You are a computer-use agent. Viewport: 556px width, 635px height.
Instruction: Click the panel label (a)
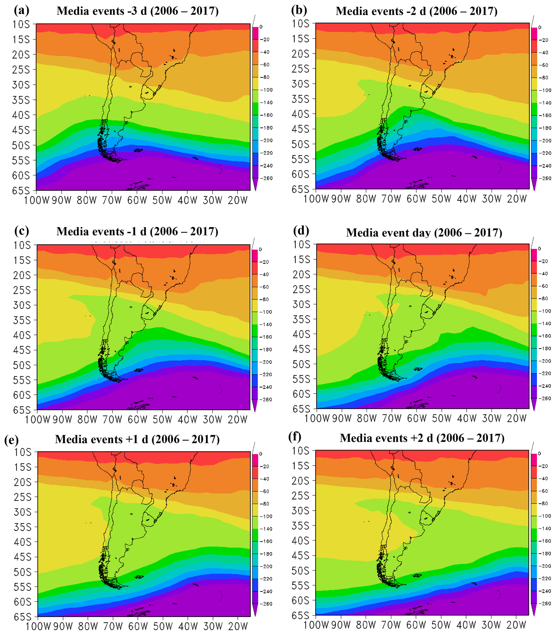coord(22,10)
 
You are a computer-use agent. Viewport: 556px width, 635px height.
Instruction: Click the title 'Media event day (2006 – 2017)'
coord(424,233)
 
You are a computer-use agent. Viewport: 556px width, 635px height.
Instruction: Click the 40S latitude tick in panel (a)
coord(21,115)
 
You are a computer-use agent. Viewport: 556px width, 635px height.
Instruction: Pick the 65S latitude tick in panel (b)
coord(300,189)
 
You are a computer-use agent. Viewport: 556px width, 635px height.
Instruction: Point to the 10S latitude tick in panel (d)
coord(301,245)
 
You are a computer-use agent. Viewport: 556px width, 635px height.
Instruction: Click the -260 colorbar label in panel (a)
coord(267,178)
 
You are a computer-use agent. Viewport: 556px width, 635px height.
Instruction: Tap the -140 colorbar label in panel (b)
coord(545,103)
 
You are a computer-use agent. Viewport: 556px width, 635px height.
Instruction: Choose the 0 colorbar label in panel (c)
coord(260,249)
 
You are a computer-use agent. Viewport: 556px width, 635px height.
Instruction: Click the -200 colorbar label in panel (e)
coord(266,566)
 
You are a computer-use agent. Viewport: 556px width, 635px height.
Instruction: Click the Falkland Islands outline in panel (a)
coord(138,150)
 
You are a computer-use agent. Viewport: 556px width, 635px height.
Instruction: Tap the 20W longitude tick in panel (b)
coord(517,199)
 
